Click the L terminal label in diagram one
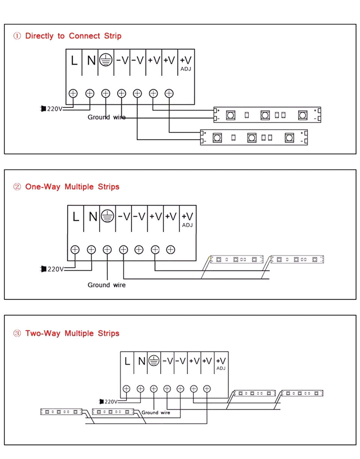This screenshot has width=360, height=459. (x=74, y=60)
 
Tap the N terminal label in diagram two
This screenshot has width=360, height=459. (x=93, y=216)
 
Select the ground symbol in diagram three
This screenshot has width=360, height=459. (x=154, y=361)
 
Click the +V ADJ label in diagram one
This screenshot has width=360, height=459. (x=186, y=63)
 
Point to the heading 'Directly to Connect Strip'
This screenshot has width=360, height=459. (x=73, y=36)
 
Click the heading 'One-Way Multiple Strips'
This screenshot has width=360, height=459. (x=72, y=186)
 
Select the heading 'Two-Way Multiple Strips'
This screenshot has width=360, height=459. (x=72, y=333)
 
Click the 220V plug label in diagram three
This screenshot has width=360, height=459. (x=111, y=402)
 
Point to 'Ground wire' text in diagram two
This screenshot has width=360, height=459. (x=106, y=285)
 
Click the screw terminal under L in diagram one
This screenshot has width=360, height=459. (x=73, y=93)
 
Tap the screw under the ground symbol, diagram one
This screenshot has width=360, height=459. (x=106, y=93)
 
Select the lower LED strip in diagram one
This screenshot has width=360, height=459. (x=254, y=138)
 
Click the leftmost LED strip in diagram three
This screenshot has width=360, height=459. (x=61, y=412)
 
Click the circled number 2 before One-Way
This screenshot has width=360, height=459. (x=17, y=186)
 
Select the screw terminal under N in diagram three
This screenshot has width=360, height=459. (x=140, y=389)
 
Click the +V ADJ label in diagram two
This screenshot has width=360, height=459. (x=187, y=219)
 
